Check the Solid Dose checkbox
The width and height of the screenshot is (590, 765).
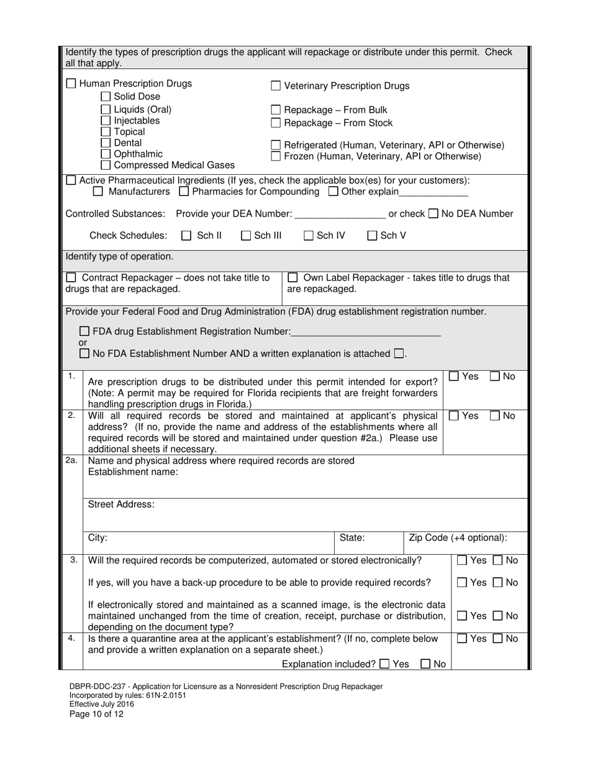[x=106, y=97]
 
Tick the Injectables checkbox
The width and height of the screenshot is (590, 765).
[x=106, y=121]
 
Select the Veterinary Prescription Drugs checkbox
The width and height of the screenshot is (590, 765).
[x=276, y=86]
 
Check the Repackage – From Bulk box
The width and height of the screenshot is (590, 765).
[x=276, y=110]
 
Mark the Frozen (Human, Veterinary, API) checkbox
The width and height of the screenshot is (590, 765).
[x=276, y=156]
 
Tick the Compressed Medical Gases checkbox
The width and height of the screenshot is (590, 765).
[x=106, y=165]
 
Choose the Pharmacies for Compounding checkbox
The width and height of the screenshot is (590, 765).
[x=184, y=192]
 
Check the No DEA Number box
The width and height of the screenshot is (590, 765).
[x=433, y=214]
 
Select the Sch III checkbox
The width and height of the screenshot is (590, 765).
[x=246, y=236]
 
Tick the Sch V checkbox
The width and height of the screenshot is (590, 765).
[x=372, y=236]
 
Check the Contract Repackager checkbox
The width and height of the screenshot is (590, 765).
[x=71, y=278]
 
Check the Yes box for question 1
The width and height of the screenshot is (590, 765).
[x=454, y=376]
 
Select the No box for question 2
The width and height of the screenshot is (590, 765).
[x=495, y=415]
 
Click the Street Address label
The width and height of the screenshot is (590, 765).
[x=121, y=504]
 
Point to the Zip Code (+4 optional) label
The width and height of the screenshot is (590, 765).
[x=458, y=538]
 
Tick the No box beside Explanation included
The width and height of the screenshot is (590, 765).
[x=425, y=664]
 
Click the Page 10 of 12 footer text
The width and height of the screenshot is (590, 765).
[x=96, y=714]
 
